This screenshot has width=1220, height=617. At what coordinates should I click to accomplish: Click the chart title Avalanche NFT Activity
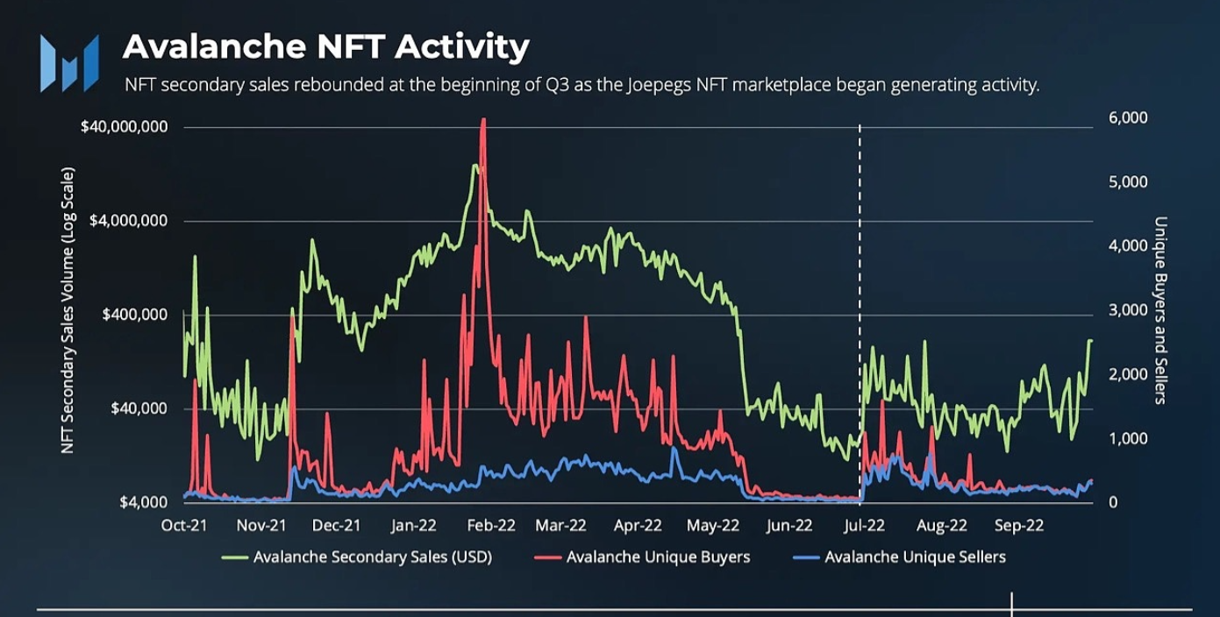325,46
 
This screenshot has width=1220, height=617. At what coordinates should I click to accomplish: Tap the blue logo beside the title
68,63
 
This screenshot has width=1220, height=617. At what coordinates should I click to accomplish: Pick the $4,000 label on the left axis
143,502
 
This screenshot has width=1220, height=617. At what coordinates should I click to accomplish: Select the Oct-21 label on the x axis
184,526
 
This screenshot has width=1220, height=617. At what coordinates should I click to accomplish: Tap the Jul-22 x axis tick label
864,526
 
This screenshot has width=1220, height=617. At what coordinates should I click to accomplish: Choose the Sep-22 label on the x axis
1019,526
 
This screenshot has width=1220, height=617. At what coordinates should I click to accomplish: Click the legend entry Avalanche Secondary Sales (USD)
372,557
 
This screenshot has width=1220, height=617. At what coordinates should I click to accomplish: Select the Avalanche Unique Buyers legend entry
658,557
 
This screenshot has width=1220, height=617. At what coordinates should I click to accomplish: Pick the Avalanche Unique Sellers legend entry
915,557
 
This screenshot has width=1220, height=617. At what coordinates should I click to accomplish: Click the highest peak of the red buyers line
483,120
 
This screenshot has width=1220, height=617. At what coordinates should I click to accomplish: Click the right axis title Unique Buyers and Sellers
1159,309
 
